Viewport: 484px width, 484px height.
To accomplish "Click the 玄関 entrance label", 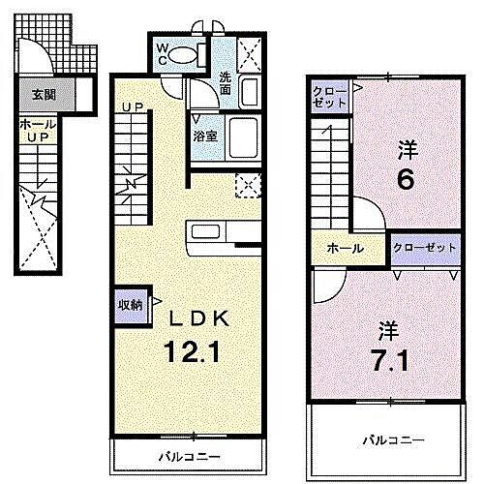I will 43,95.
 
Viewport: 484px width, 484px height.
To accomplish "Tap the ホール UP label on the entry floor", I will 36,132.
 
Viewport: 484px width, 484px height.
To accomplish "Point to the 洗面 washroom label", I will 225,83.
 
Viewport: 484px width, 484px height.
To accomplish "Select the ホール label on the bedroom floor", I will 345,249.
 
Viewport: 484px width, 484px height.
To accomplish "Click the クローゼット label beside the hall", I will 424,249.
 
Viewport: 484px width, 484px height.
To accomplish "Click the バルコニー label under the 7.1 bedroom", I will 393,439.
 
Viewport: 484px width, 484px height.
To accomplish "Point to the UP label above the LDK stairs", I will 133,106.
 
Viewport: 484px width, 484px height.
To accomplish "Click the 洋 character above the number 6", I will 408,150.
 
